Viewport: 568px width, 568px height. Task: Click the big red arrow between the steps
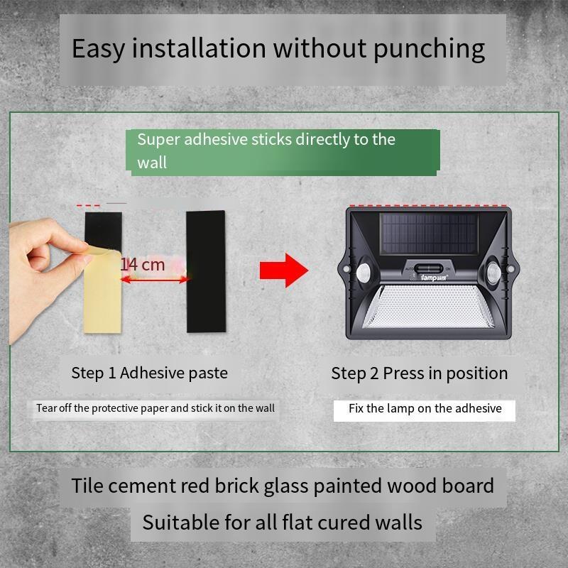pos(283,271)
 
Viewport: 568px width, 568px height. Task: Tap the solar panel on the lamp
pos(429,234)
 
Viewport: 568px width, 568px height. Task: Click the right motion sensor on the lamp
pos(493,272)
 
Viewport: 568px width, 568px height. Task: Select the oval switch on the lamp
pos(428,269)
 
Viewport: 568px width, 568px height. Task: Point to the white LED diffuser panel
pos(429,307)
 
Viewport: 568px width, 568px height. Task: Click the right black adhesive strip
pos(206,271)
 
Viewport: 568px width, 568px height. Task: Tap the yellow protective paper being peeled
pos(102,290)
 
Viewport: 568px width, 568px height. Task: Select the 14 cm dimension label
pos(143,264)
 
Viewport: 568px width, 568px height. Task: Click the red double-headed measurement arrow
pos(155,279)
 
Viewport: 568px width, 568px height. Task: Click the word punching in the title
pos(429,49)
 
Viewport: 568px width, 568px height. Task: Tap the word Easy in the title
pos(98,48)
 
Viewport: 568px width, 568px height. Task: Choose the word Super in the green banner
pos(158,140)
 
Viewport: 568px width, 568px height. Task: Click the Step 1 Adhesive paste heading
pos(149,373)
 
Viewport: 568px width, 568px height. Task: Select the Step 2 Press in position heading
pos(419,373)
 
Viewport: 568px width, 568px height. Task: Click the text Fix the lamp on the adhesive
pos(425,409)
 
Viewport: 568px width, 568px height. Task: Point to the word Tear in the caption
pos(46,408)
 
